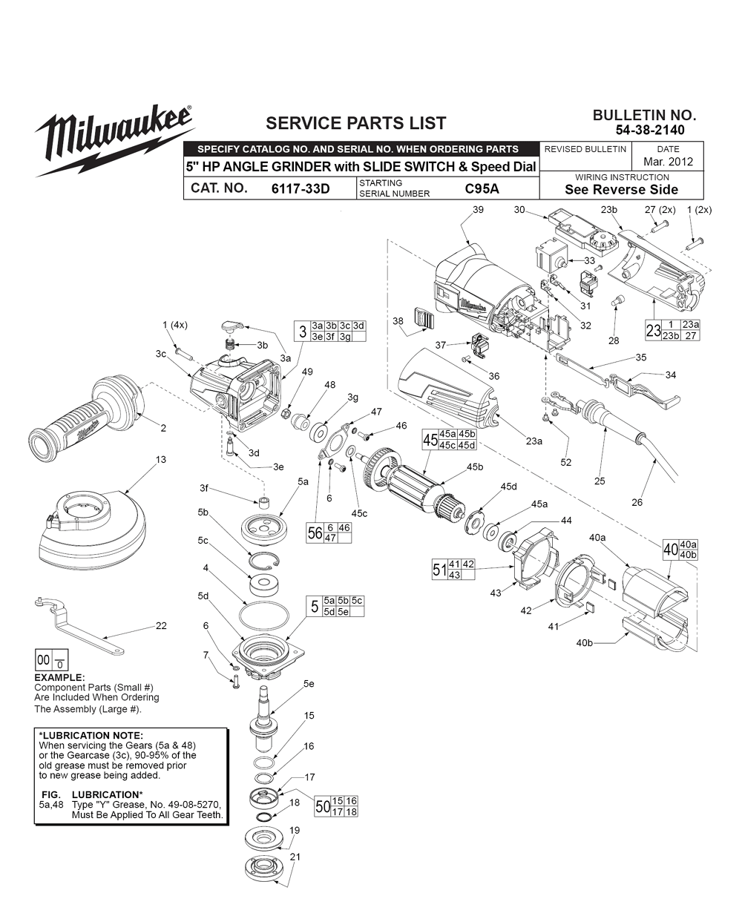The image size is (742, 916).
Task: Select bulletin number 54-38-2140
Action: (x=650, y=130)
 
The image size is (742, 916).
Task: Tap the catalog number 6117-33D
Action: (x=301, y=188)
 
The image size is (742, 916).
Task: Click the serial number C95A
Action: (x=482, y=188)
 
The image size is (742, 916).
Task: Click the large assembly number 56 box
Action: (x=315, y=532)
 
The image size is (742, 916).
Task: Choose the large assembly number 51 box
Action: (x=439, y=569)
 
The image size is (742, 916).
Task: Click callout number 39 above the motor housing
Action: (x=478, y=211)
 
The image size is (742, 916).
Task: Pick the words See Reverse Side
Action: (x=622, y=189)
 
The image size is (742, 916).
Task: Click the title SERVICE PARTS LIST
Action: (x=356, y=123)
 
